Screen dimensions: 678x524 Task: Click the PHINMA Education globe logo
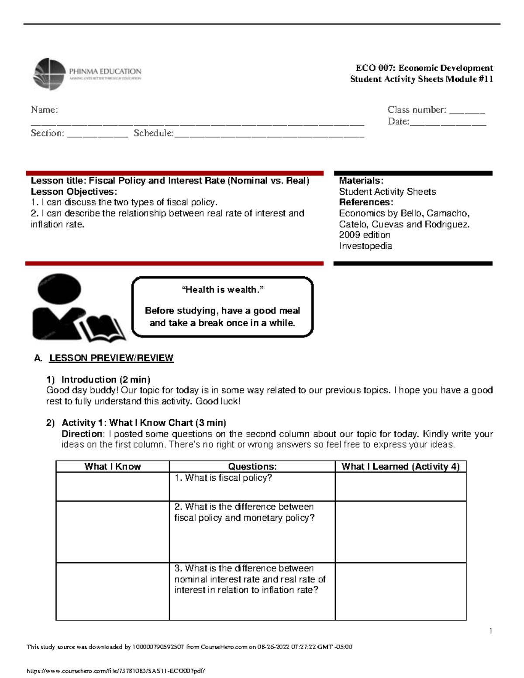[50, 74]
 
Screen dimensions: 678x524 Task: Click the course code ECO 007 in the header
[375, 68]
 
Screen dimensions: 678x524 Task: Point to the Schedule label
[153, 133]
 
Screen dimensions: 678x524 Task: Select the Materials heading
[361, 181]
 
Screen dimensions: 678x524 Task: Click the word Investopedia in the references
[365, 246]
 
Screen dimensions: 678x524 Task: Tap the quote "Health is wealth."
[222, 290]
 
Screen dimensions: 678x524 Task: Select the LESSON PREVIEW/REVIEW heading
[111, 358]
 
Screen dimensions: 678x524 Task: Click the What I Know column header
[113, 466]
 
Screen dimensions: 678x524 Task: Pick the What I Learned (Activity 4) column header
[400, 466]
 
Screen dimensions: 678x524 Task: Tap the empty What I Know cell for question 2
[113, 532]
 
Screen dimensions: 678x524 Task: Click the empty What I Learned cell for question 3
[400, 592]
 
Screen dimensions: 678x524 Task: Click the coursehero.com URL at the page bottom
[116, 671]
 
